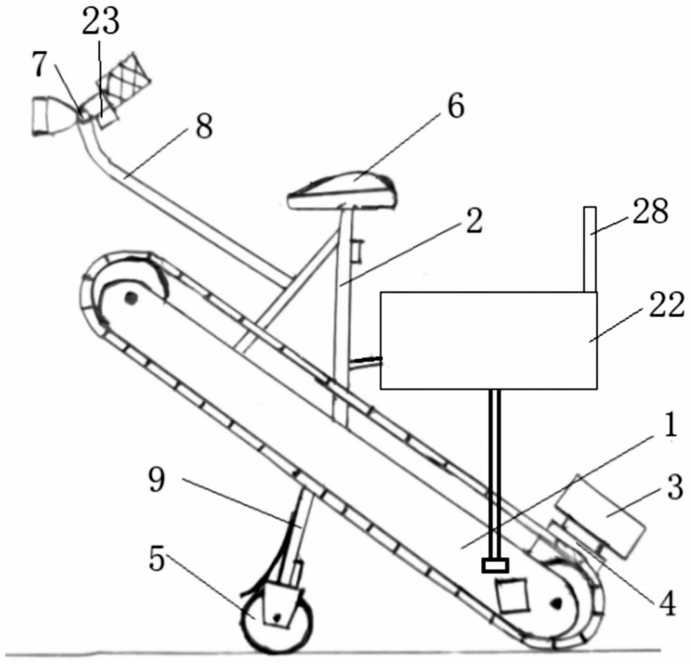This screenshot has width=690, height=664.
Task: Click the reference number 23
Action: (x=101, y=23)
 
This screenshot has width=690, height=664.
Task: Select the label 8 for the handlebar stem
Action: (x=204, y=128)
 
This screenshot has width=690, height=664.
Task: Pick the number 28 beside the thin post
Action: (x=650, y=213)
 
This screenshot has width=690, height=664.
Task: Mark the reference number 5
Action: (x=157, y=560)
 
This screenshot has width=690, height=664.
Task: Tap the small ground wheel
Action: (x=275, y=618)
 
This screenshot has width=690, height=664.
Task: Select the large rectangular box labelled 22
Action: (x=489, y=339)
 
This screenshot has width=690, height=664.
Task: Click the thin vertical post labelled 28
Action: (x=589, y=248)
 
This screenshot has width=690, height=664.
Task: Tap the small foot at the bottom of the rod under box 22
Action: (x=495, y=566)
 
